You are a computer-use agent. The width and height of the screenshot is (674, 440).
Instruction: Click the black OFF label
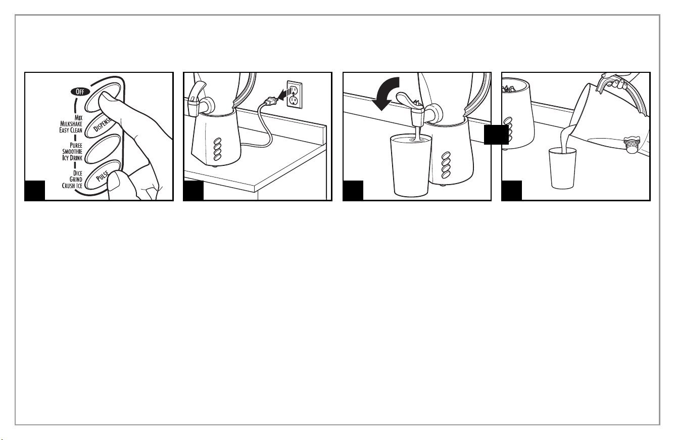click(x=80, y=92)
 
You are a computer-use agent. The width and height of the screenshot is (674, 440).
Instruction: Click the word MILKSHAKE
click(x=71, y=124)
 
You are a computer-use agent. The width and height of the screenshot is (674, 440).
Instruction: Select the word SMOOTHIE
click(x=72, y=152)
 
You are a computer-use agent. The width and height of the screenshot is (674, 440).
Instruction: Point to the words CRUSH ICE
click(x=72, y=186)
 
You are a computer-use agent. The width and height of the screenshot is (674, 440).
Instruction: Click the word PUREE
click(x=76, y=145)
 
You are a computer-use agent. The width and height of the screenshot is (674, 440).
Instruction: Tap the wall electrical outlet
click(x=294, y=94)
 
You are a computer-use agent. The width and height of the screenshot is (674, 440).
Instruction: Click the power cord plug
click(x=270, y=101)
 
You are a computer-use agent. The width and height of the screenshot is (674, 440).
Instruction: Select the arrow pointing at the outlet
click(x=284, y=95)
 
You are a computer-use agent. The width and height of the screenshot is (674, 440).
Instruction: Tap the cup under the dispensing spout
click(x=411, y=165)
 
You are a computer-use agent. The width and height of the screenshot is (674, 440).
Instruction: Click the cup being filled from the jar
click(x=563, y=168)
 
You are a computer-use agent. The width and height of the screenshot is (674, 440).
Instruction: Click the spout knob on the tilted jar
click(x=632, y=146)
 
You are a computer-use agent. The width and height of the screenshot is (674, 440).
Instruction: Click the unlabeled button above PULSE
click(x=103, y=149)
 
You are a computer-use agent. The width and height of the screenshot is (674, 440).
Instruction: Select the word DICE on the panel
click(x=78, y=173)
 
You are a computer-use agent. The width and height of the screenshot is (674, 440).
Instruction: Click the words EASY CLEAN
click(x=71, y=130)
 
